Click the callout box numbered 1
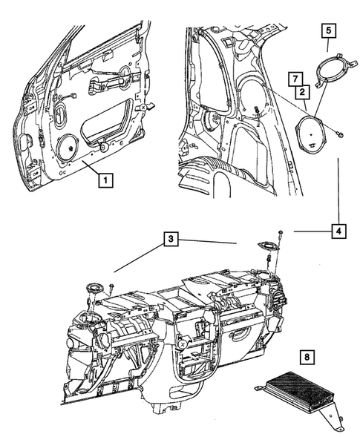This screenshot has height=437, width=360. click(x=108, y=179)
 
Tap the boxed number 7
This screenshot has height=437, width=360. click(x=295, y=79)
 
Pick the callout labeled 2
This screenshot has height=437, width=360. click(x=304, y=92)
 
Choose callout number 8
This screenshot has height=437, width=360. click(x=304, y=355)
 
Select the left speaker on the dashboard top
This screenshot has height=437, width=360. click(x=94, y=289)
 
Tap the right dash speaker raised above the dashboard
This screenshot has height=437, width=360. click(x=266, y=246)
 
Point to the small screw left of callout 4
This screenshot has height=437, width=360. click(x=281, y=231)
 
